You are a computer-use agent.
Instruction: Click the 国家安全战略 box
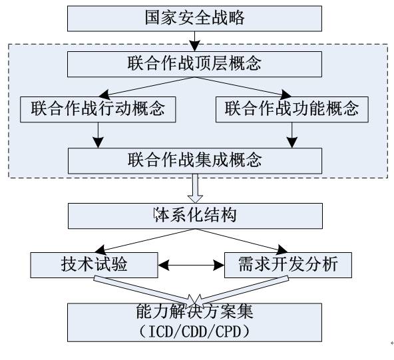point(194,19)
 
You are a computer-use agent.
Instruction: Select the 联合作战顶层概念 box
point(194,64)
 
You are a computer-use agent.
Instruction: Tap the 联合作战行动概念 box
point(98,110)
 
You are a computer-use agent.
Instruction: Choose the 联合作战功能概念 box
point(292,110)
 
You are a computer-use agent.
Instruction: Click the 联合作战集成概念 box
point(195,161)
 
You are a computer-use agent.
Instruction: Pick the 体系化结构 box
point(195,216)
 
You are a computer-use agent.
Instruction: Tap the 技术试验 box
point(94,265)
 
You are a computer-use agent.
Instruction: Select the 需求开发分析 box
point(288,265)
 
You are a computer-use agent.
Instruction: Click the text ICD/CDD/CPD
point(194,331)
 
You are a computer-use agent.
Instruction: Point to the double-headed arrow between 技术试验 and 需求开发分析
point(191,265)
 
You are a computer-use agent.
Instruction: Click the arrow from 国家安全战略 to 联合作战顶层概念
point(194,41)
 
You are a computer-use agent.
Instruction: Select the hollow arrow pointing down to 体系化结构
point(195,188)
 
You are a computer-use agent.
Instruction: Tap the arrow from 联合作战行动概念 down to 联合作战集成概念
point(98,135)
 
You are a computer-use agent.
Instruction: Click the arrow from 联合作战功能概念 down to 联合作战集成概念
point(292,135)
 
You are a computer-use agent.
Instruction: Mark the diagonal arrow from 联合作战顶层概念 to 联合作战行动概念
point(146,87)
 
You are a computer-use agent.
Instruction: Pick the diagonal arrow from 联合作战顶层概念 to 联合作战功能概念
point(243,87)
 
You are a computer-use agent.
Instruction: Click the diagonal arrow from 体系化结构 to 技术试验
point(145,241)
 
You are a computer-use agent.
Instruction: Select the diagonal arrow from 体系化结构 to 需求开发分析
point(242,241)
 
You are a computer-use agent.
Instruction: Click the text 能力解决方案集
point(194,311)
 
